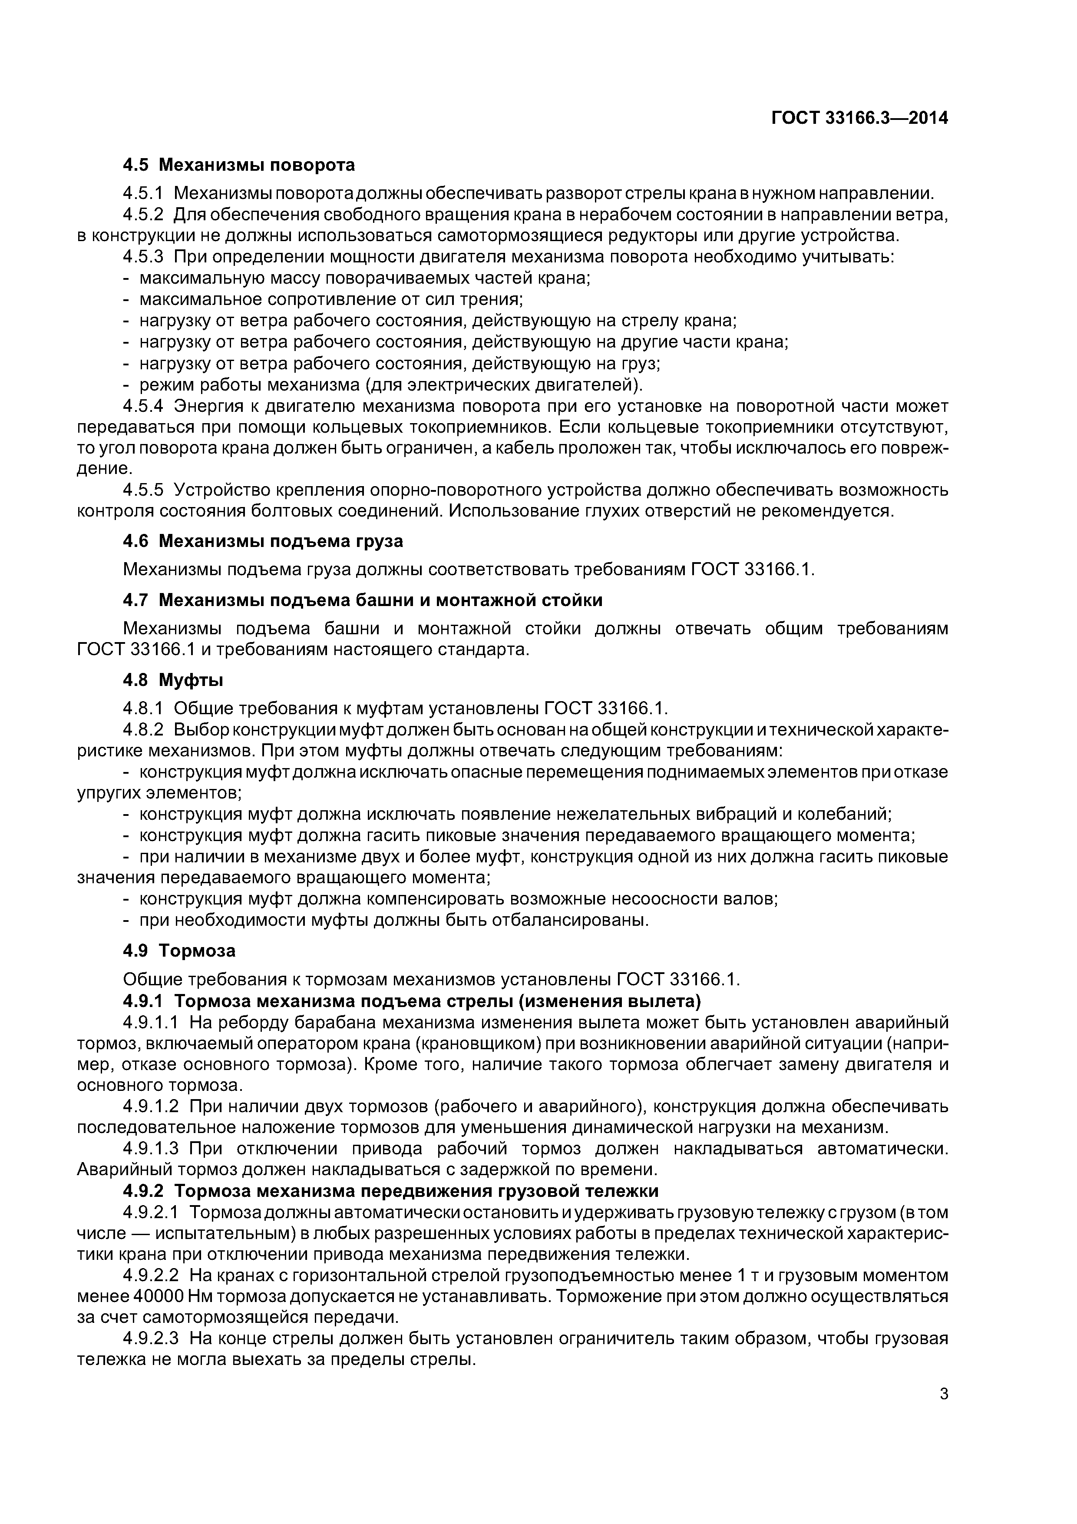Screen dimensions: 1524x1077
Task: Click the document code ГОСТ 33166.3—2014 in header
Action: (859, 118)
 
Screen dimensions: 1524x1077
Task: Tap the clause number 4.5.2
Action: (143, 215)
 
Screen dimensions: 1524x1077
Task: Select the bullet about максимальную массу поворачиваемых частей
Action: (364, 278)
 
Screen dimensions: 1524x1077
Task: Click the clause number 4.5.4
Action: (143, 406)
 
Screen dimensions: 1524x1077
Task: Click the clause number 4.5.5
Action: (143, 490)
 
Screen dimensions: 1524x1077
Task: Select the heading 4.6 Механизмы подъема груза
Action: (263, 541)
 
